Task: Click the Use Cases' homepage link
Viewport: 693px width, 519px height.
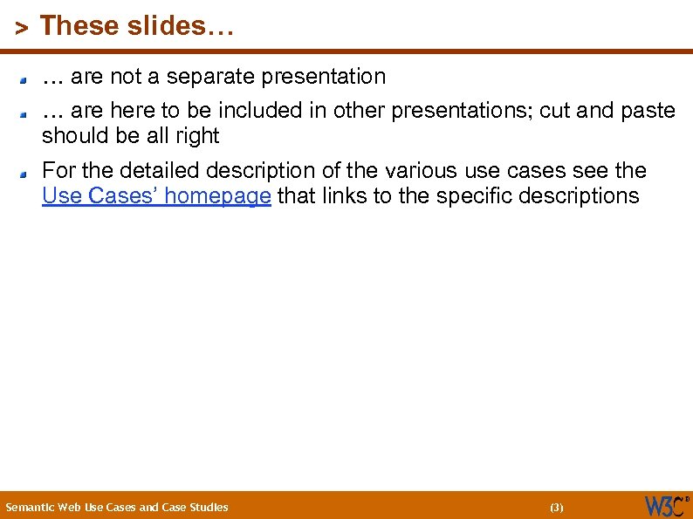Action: coord(156,196)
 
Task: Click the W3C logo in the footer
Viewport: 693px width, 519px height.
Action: coord(666,505)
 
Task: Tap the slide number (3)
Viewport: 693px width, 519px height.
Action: coord(557,507)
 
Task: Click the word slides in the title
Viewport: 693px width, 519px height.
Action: coord(168,26)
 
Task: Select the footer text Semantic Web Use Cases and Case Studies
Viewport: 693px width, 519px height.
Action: coord(117,507)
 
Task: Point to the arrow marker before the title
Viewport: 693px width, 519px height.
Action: coord(22,28)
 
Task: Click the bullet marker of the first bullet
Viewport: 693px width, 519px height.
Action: coord(27,79)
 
